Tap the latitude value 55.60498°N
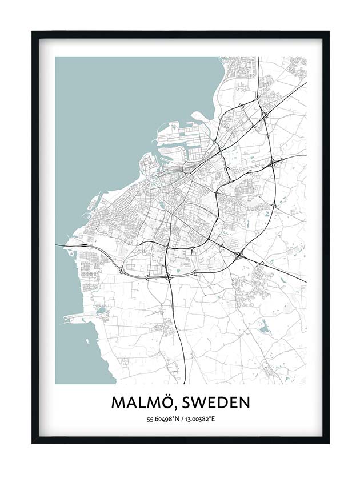pos(162,420)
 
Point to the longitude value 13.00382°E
pos(199,420)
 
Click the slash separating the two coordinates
pos(181,420)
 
